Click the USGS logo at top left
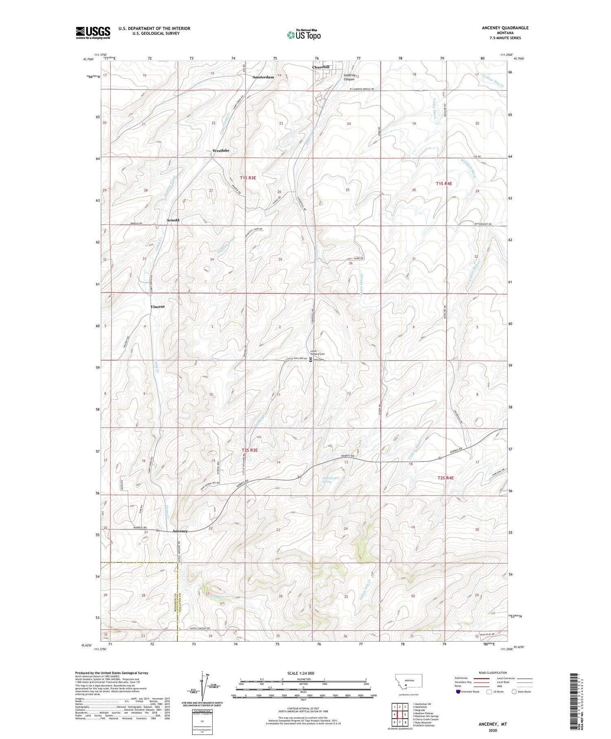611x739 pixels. [x=93, y=33]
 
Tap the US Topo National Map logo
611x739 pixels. [x=303, y=35]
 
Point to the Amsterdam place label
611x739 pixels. [x=263, y=77]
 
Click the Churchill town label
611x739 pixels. [x=321, y=67]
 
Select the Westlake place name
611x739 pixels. [x=221, y=150]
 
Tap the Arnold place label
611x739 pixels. [x=173, y=220]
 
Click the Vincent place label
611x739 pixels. [x=158, y=307]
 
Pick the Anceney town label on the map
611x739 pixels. [x=180, y=531]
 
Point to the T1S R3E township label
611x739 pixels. [x=248, y=178]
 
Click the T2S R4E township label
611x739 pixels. [x=445, y=478]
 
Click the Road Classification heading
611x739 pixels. [x=493, y=673]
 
